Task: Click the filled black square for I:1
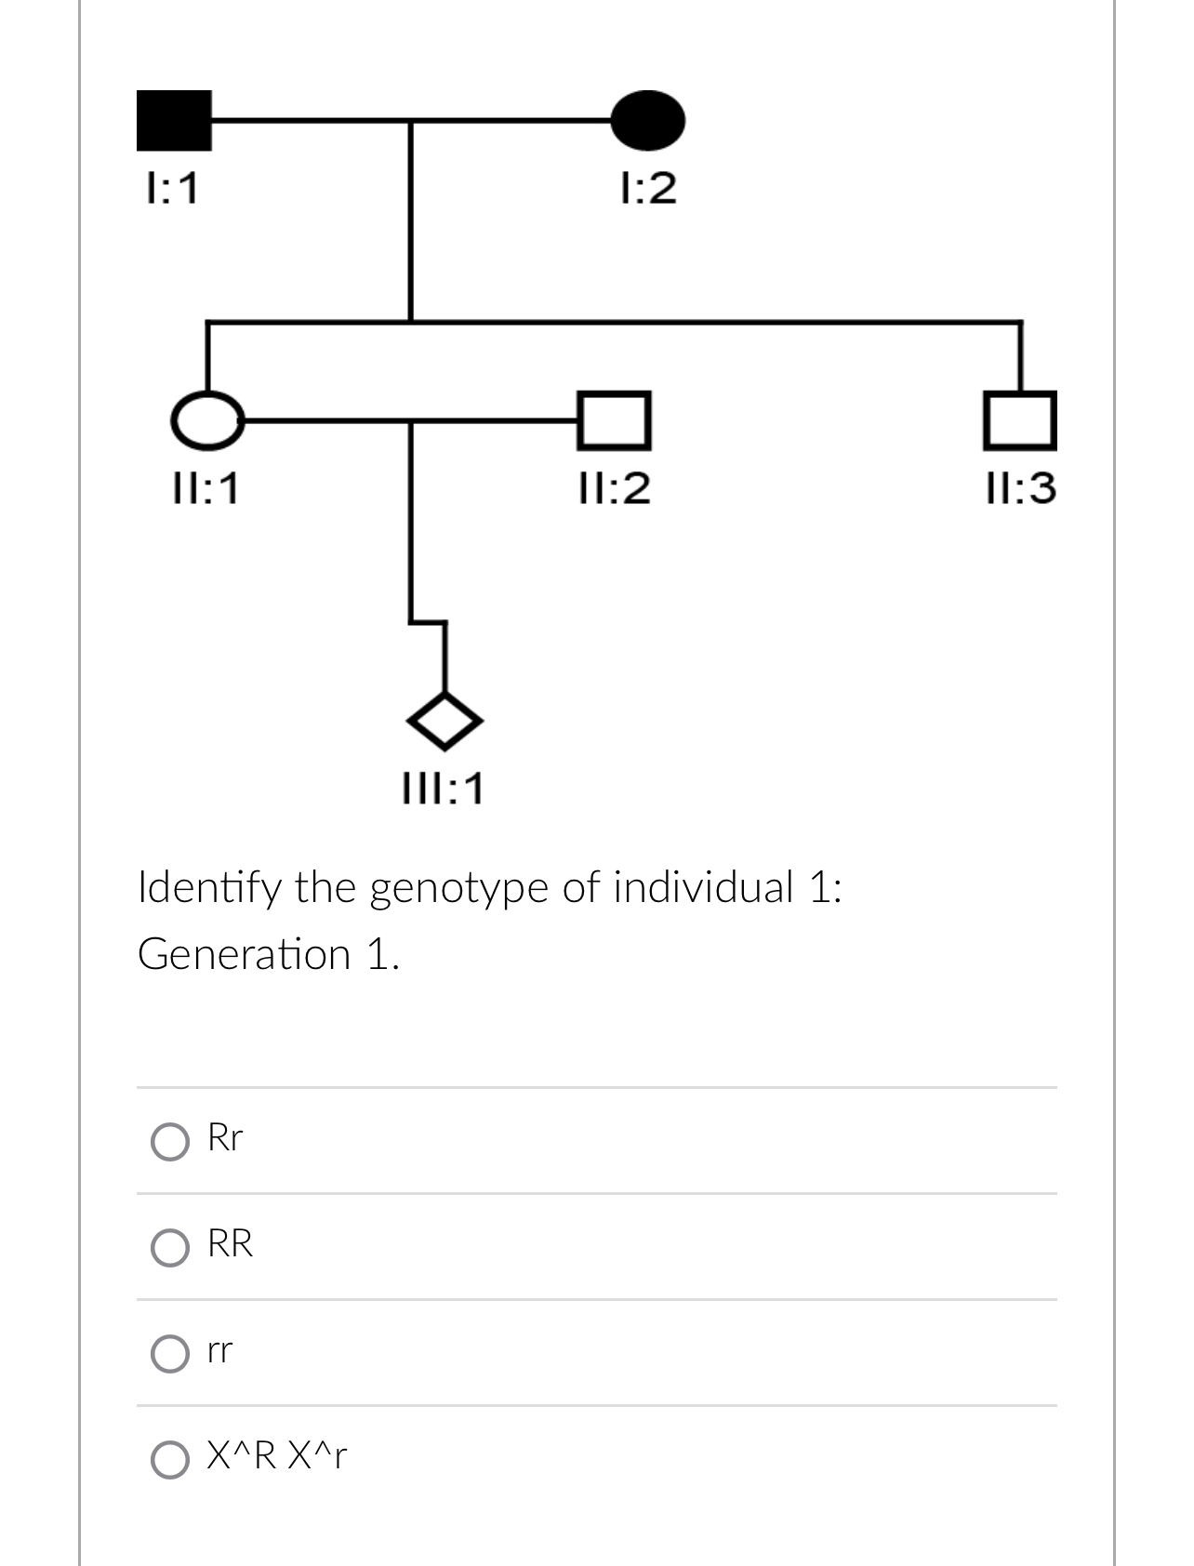pyautogui.click(x=174, y=121)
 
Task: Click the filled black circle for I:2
pyautogui.click(x=648, y=121)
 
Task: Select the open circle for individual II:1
pyautogui.click(x=207, y=420)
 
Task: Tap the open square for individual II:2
pyautogui.click(x=614, y=420)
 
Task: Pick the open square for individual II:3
pyautogui.click(x=1021, y=420)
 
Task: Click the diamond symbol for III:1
pyautogui.click(x=445, y=721)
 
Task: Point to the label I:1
pyautogui.click(x=173, y=190)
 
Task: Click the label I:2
pyautogui.click(x=648, y=189)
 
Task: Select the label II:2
pyautogui.click(x=614, y=488)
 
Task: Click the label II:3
pyautogui.click(x=1021, y=488)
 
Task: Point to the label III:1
pyautogui.click(x=444, y=790)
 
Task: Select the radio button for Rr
pyautogui.click(x=169, y=1142)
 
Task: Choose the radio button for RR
pyautogui.click(x=169, y=1248)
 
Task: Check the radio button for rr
pyautogui.click(x=169, y=1354)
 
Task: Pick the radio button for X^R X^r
pyautogui.click(x=169, y=1460)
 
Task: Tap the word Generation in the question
pyautogui.click(x=245, y=955)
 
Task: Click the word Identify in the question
pyautogui.click(x=208, y=889)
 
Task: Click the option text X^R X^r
pyautogui.click(x=277, y=1456)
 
